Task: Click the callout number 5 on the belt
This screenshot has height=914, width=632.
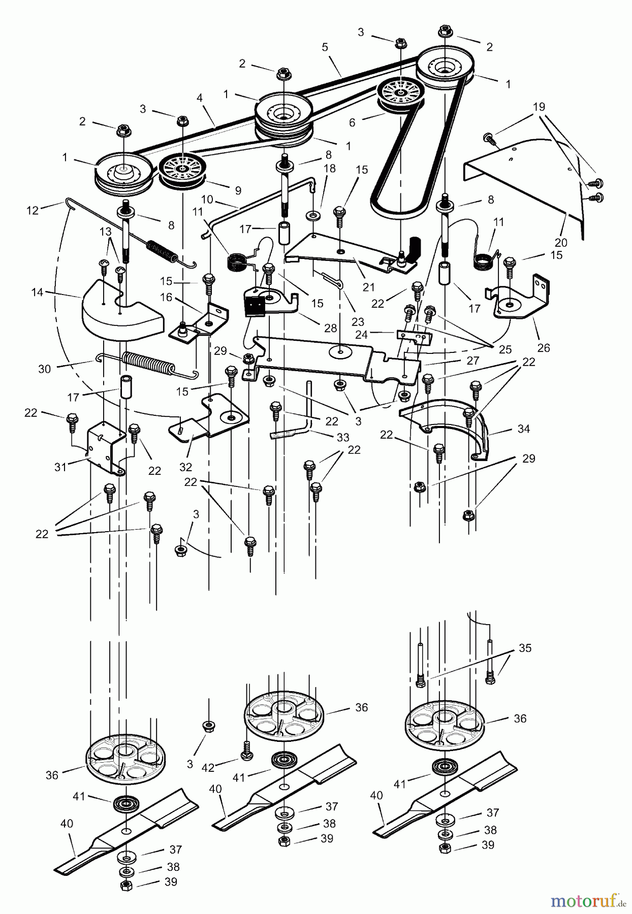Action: [x=325, y=47]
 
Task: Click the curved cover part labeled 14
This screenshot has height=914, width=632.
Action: [x=122, y=315]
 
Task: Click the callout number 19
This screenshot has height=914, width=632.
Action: [x=539, y=107]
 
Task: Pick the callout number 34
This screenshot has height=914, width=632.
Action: [x=523, y=429]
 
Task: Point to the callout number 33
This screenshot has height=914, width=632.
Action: [x=343, y=437]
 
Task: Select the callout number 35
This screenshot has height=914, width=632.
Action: [x=525, y=648]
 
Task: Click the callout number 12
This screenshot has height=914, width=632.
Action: [x=33, y=210]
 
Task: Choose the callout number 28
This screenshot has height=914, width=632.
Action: [x=330, y=329]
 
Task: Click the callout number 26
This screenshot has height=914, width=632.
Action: [x=544, y=348]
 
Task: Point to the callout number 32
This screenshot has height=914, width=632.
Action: [x=185, y=466]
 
